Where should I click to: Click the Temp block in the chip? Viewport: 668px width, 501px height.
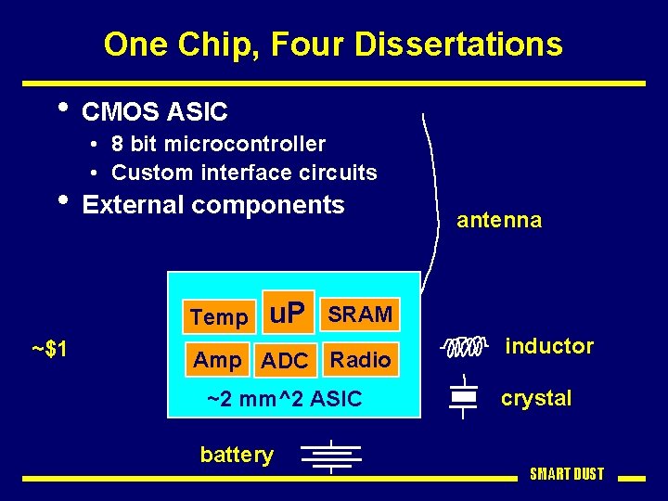click(219, 317)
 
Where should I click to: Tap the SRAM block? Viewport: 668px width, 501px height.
click(359, 315)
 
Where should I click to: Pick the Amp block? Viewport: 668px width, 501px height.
click(217, 360)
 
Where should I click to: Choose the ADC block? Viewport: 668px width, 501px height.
click(285, 361)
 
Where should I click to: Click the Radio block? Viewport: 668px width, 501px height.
click(361, 360)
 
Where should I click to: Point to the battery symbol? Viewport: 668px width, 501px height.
click(331, 456)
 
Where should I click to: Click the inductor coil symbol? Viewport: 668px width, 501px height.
click(463, 347)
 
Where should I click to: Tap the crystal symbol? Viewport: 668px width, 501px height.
click(463, 397)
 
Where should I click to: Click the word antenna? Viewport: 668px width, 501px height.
click(499, 221)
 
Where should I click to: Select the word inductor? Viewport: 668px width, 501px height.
click(549, 346)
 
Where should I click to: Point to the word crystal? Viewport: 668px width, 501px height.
click(536, 398)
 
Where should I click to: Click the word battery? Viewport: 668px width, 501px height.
click(238, 455)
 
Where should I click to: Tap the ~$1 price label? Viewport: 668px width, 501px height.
click(48, 350)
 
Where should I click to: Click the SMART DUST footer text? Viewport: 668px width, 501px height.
click(567, 474)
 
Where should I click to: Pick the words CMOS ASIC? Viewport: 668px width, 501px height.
click(155, 112)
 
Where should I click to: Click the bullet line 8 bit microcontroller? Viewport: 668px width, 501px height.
click(218, 144)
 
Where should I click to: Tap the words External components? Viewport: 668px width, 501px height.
click(213, 205)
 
